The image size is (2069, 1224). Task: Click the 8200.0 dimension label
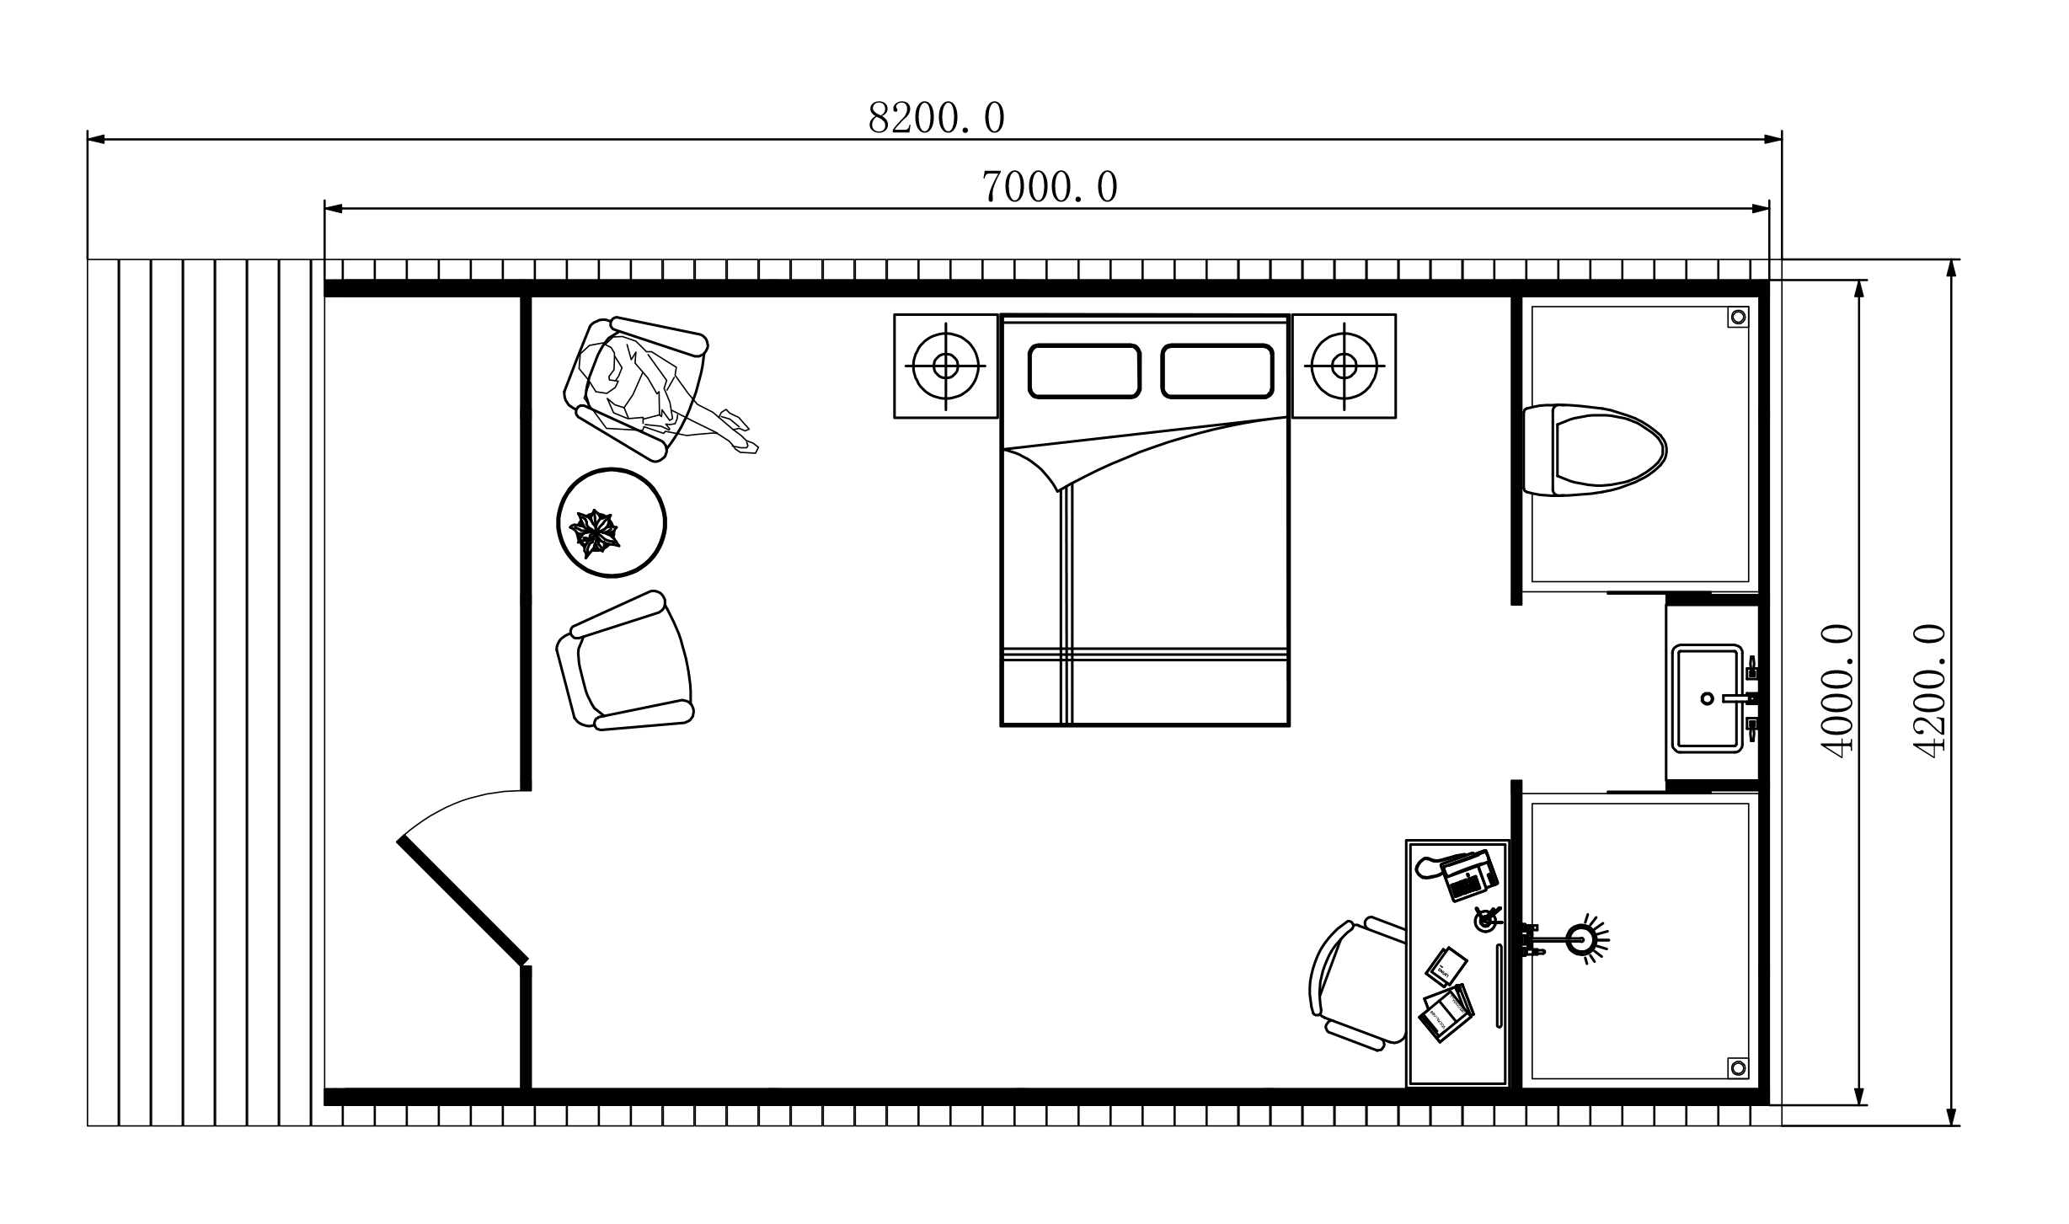coord(936,118)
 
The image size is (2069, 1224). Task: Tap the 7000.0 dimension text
coord(1050,187)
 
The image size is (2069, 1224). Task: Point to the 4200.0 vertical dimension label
coord(1928,691)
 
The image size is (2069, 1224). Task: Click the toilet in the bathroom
coord(1595,450)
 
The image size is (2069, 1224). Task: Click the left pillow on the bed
coord(1084,371)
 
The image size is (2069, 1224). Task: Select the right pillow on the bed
coord(1217,371)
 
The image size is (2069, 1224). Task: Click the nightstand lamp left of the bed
coord(945,366)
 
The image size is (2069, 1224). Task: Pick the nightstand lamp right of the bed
coord(1345,366)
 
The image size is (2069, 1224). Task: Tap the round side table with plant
coord(612,522)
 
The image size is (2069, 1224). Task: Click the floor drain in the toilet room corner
coord(1738,317)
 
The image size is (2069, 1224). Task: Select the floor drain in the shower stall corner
coord(1738,1068)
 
